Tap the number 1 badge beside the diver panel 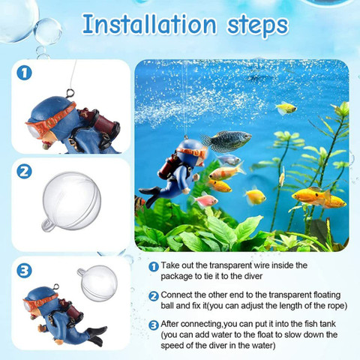pyautogui.click(x=25, y=73)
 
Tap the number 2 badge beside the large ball pyautogui.click(x=25, y=170)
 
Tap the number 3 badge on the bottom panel pyautogui.click(x=25, y=269)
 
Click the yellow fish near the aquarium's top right pyautogui.click(x=286, y=109)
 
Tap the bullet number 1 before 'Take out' pyautogui.click(x=154, y=266)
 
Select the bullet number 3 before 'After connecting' pyautogui.click(x=154, y=324)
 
